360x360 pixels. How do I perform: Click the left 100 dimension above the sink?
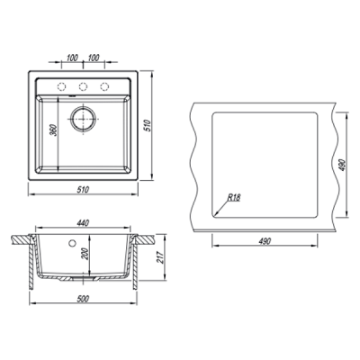pos(72,58)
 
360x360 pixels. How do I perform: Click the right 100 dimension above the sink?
pos(94,58)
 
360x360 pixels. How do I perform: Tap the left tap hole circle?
pos(61,86)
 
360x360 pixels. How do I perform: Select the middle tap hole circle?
pos(83,86)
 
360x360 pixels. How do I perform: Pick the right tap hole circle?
pos(104,86)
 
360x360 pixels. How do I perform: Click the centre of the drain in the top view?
pos(83,118)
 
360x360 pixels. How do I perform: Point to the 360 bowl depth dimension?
pos(54,130)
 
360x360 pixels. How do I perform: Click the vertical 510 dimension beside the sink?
pos(147,125)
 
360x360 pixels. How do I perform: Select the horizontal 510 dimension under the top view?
pos(83,190)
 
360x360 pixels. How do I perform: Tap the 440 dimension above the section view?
pos(83,223)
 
